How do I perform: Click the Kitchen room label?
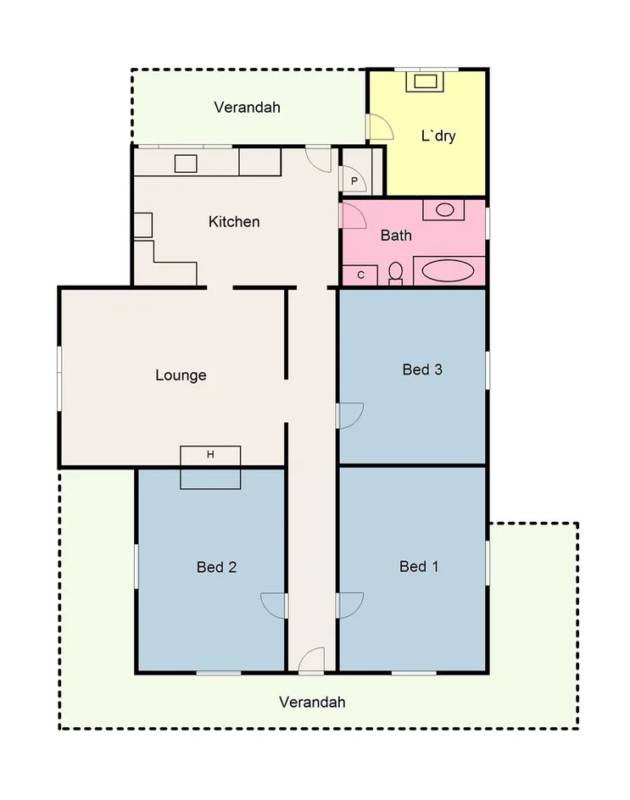[x=234, y=222]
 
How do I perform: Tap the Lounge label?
[x=181, y=375]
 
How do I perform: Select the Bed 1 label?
[x=418, y=566]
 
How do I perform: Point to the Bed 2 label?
[x=216, y=567]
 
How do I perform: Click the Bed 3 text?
[x=422, y=369]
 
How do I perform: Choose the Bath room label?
[x=396, y=236]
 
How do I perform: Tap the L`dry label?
[x=438, y=136]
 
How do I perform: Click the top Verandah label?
[x=247, y=108]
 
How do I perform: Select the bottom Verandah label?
[x=312, y=702]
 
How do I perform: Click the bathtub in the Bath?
[x=449, y=271]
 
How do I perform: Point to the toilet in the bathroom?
[x=395, y=273]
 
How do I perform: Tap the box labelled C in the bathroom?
[x=360, y=275]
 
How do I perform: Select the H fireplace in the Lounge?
[x=210, y=455]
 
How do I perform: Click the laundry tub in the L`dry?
[x=426, y=82]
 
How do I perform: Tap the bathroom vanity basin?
[x=444, y=209]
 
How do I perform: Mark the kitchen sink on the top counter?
[x=186, y=164]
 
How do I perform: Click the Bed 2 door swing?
[x=273, y=604]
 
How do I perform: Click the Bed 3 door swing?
[x=350, y=415]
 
